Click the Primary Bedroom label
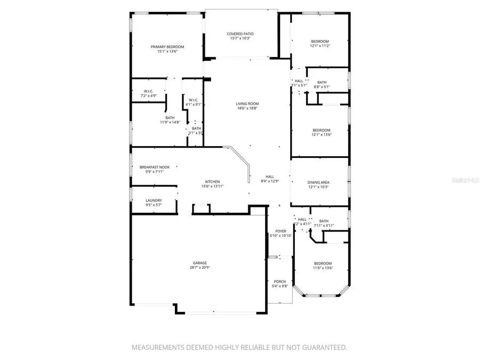tap(167, 47)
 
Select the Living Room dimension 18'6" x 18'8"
tap(247, 108)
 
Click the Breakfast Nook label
tap(155, 167)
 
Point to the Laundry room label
tap(154, 201)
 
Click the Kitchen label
tap(212, 181)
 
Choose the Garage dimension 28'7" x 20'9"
tap(200, 268)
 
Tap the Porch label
tap(280, 281)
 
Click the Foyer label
tap(280, 231)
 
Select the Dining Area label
tap(318, 182)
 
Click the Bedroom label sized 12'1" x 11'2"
tap(320, 41)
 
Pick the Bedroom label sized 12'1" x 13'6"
tap(321, 130)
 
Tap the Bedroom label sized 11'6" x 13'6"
tap(323, 263)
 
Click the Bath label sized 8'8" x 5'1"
tap(322, 82)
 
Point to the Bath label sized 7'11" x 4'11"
tap(324, 221)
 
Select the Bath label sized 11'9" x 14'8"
tap(170, 117)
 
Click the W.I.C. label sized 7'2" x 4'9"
tap(148, 91)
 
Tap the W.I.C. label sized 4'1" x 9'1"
tap(193, 100)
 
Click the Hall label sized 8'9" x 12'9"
tap(270, 177)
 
